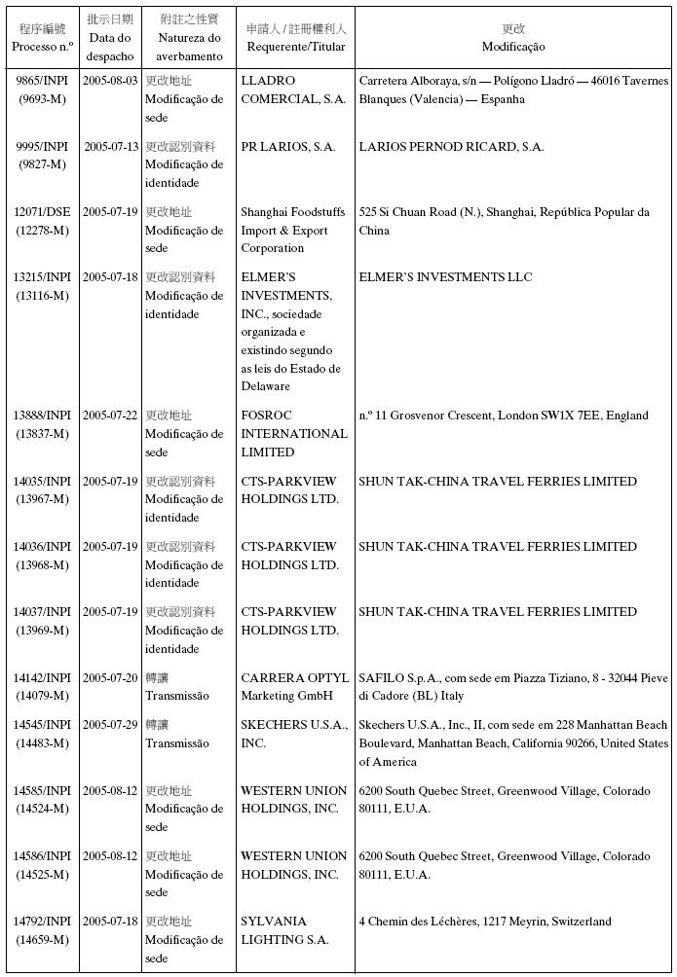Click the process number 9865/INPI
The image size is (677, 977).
pyautogui.click(x=42, y=81)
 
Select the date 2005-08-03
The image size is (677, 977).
pyautogui.click(x=110, y=81)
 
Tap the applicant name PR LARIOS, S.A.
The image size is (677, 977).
pyautogui.click(x=288, y=147)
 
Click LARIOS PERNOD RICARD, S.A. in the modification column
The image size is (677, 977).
pyautogui.click(x=451, y=147)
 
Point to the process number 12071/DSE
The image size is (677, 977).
pyautogui.click(x=42, y=212)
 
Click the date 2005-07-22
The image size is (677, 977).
pyautogui.click(x=110, y=416)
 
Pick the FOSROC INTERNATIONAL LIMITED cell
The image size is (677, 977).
pyautogui.click(x=293, y=434)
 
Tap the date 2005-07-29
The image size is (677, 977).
pyautogui.click(x=110, y=725)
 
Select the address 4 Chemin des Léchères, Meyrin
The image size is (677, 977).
pyautogui.click(x=485, y=922)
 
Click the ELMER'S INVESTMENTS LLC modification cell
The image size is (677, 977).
pyautogui.click(x=445, y=277)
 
